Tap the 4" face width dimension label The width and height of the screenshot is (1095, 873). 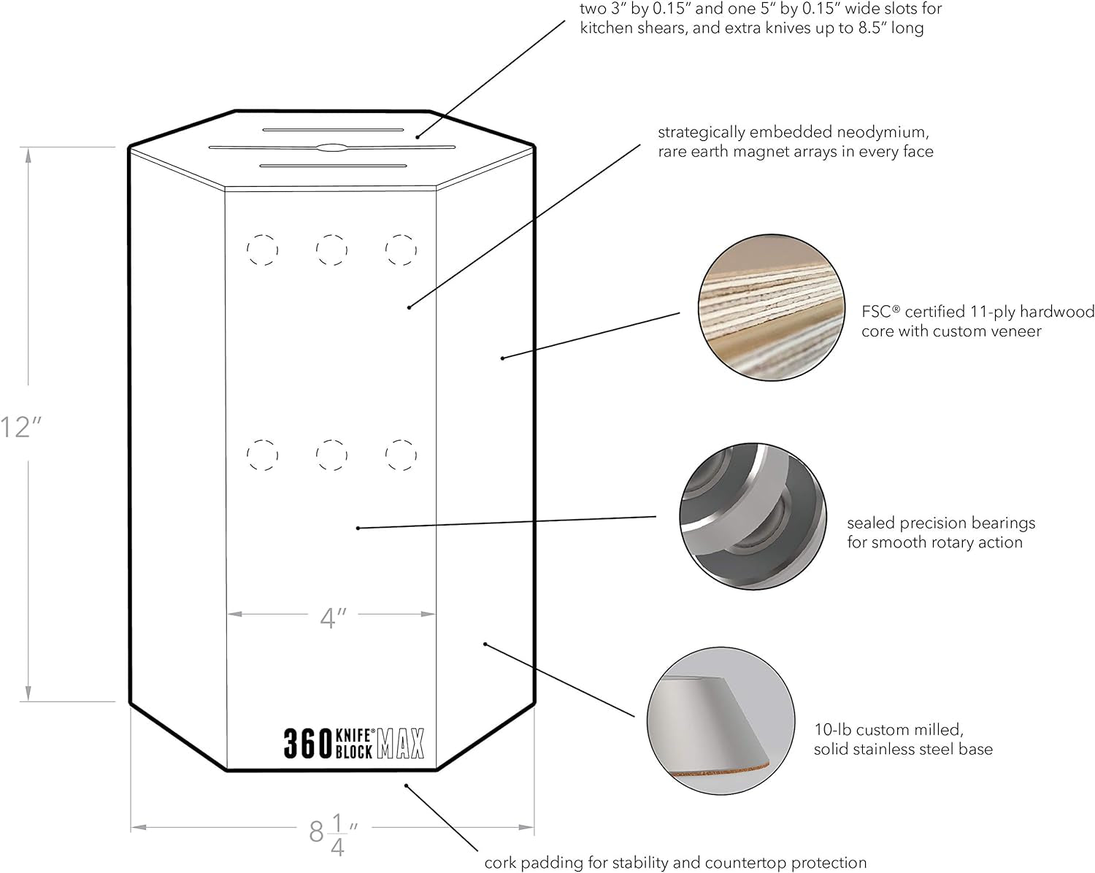tap(332, 618)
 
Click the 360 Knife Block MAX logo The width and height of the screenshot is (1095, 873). tap(353, 743)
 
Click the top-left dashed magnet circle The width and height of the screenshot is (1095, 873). tap(262, 250)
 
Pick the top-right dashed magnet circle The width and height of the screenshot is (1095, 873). tap(401, 250)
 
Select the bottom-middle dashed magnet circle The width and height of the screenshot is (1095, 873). tap(331, 455)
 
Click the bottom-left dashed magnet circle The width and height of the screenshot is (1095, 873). tap(262, 455)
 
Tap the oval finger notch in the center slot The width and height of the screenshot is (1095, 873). tap(331, 147)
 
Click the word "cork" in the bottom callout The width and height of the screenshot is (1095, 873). tap(502, 863)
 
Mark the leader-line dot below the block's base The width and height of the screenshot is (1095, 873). tap(407, 785)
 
